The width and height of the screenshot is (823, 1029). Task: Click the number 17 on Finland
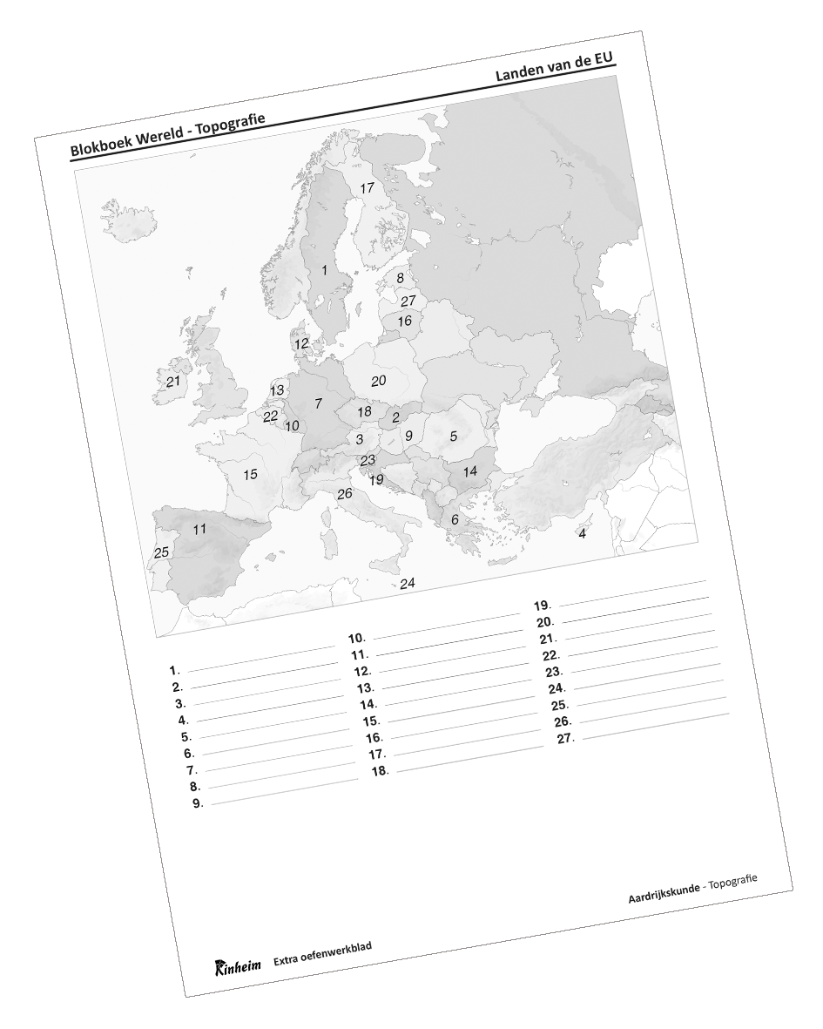click(367, 188)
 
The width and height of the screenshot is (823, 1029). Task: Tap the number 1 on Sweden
click(325, 270)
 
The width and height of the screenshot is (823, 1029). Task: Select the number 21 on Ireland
click(173, 382)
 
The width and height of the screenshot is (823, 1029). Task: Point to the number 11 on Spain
click(199, 529)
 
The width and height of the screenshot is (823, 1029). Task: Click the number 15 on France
click(250, 475)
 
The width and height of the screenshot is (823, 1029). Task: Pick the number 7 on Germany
click(319, 403)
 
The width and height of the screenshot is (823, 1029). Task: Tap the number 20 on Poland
click(378, 381)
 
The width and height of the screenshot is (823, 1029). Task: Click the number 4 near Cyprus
click(582, 533)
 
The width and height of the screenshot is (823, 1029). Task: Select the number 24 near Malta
click(407, 583)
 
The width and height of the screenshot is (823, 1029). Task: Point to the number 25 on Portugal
click(161, 552)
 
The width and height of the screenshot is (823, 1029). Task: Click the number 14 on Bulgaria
click(470, 471)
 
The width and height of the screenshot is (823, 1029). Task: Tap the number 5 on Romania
click(453, 436)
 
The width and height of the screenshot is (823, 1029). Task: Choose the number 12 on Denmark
click(301, 343)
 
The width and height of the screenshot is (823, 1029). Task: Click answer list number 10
click(356, 638)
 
